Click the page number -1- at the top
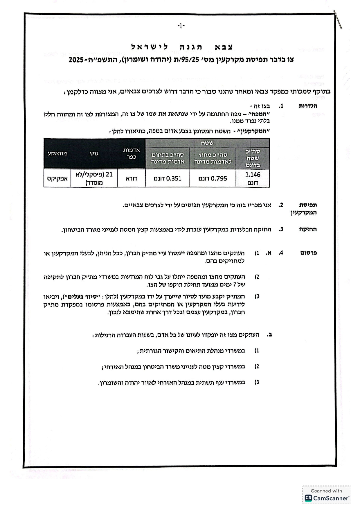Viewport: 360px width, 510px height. click(181, 26)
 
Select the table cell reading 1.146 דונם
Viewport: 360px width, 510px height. click(253, 178)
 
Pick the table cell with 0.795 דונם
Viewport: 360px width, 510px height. click(213, 178)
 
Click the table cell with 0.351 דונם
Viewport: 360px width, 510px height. click(168, 178)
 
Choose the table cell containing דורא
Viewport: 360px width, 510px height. click(131, 178)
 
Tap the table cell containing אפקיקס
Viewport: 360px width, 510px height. click(57, 178)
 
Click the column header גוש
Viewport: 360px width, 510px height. click(94, 153)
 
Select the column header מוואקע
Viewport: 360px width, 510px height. click(57, 153)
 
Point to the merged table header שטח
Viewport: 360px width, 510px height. click(207, 143)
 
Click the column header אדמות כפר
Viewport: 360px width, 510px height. click(131, 153)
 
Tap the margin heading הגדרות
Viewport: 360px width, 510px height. click(308, 106)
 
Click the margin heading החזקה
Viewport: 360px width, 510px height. click(308, 229)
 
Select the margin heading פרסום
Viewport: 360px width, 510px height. click(308, 253)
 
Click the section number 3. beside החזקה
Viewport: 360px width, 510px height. click(280, 229)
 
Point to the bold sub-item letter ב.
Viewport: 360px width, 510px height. click(270, 335)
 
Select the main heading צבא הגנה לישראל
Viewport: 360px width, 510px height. click(182, 47)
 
